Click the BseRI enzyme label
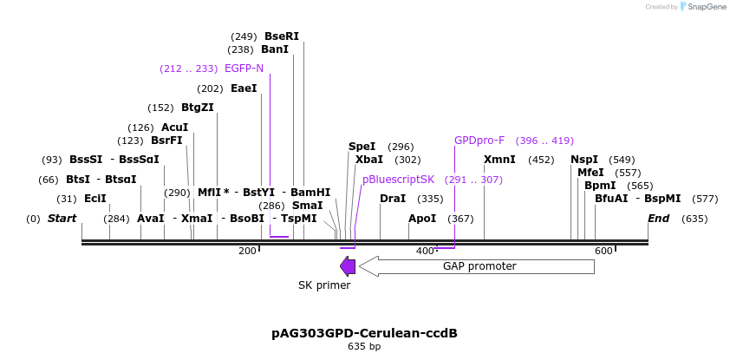(281, 36)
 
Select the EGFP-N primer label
(244, 69)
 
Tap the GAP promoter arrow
(477, 266)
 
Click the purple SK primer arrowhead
(348, 266)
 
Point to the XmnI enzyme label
(499, 160)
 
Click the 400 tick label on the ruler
(424, 251)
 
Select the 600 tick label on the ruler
(603, 251)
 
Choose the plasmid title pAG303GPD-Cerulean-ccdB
(364, 333)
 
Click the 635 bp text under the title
(364, 347)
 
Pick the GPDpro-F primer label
(479, 141)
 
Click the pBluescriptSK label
(398, 180)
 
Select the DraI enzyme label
(393, 199)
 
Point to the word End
(658, 219)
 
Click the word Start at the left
(62, 219)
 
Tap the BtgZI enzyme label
(197, 108)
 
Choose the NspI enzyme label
(584, 160)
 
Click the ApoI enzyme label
(422, 219)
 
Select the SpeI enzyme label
(362, 147)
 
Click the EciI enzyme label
(95, 199)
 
